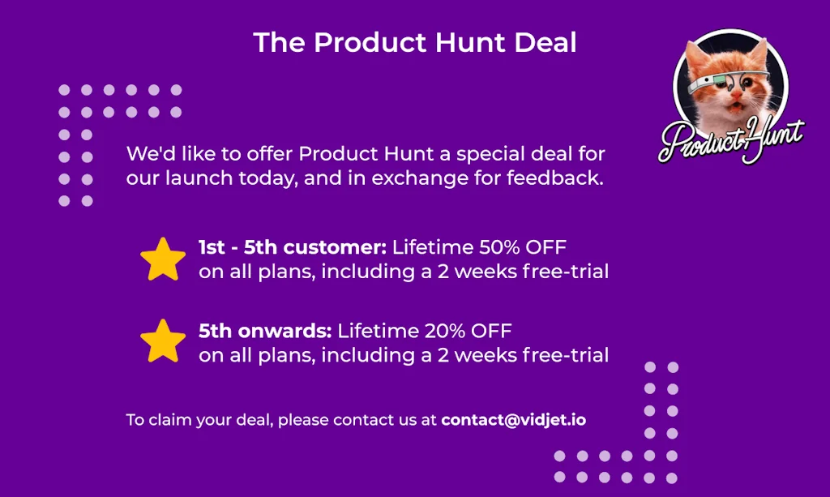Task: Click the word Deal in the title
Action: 545,42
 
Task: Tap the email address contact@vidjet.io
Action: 513,420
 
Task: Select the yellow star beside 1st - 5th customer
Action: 163,259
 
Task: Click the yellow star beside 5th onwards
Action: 163,341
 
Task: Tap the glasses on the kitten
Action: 730,82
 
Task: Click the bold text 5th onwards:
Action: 265,331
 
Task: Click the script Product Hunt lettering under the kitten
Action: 731,139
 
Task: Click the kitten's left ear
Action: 695,53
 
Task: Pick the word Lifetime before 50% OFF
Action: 433,247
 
